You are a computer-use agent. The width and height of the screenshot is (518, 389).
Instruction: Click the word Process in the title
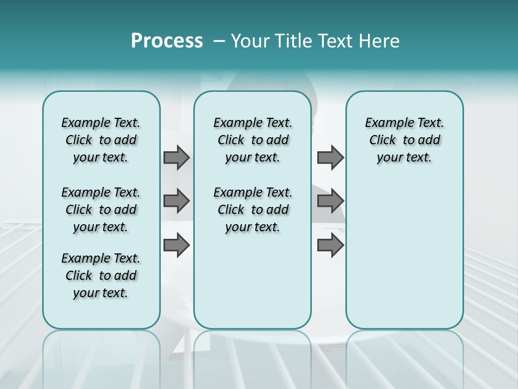click(x=167, y=41)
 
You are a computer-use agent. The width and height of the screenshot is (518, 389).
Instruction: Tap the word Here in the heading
click(x=379, y=41)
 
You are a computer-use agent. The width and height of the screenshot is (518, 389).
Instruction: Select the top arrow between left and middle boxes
click(x=176, y=157)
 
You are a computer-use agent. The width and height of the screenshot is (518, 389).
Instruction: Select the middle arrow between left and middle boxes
click(x=176, y=201)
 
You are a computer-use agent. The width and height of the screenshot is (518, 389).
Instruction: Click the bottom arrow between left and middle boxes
click(x=176, y=245)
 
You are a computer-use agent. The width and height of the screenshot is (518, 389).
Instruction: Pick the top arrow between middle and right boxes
click(x=330, y=157)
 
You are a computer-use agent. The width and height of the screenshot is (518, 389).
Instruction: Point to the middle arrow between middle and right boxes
click(x=330, y=201)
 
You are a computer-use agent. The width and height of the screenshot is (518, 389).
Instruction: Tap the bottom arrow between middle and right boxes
click(x=330, y=245)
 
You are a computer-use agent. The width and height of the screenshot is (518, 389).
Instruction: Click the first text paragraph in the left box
click(x=101, y=140)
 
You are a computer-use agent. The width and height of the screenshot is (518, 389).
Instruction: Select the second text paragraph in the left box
click(x=101, y=210)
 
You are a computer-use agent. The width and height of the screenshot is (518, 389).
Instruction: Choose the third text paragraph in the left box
click(x=101, y=276)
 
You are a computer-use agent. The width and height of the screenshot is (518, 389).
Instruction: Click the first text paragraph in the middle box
click(x=253, y=140)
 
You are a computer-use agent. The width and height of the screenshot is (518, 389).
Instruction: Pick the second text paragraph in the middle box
click(x=253, y=210)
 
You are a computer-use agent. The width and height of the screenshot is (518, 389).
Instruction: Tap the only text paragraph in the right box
click(x=404, y=140)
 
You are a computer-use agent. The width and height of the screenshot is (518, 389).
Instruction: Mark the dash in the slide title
click(x=219, y=41)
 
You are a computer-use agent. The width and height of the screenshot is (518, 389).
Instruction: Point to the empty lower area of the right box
click(x=404, y=259)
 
